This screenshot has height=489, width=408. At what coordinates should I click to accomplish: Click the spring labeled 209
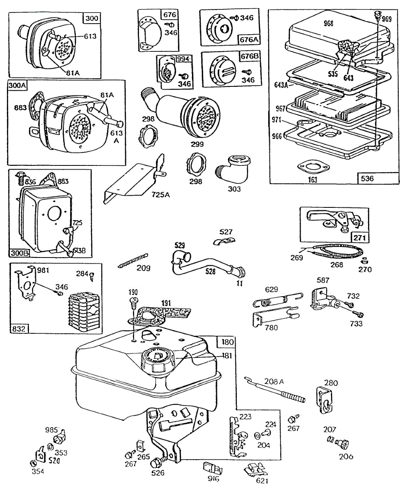[x=133, y=261]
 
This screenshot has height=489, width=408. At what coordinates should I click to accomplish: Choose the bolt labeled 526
[x=156, y=463]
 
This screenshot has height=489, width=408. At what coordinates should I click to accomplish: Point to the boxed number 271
[x=360, y=238]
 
